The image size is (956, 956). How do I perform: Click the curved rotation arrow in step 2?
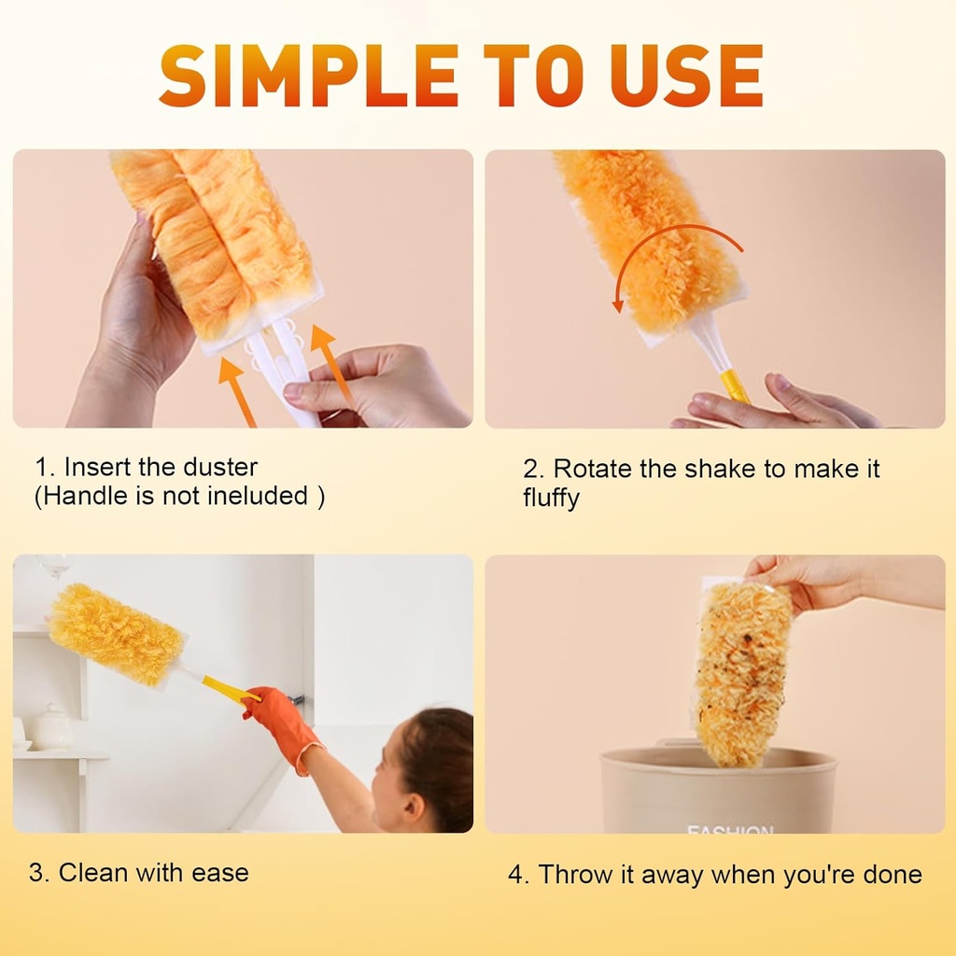click(x=672, y=245)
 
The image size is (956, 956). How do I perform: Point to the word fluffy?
click(x=551, y=499)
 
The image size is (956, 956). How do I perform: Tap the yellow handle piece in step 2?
click(x=734, y=384)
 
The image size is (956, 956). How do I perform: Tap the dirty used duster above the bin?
click(x=744, y=668)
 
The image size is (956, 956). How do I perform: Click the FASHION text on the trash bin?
click(x=730, y=826)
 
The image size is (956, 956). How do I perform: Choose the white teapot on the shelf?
click(x=54, y=725)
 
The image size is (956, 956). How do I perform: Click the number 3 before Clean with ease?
click(x=36, y=874)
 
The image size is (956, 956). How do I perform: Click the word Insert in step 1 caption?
click(x=95, y=467)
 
